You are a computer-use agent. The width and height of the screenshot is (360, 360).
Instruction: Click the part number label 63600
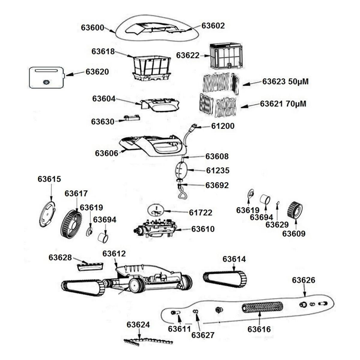92,28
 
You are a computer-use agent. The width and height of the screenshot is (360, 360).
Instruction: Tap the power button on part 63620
46,82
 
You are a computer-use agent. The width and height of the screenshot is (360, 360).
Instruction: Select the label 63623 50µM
285,82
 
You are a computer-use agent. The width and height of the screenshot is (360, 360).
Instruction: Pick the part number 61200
223,126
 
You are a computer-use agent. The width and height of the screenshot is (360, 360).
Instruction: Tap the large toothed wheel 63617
71,224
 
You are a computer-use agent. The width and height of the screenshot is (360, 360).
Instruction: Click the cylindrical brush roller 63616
262,307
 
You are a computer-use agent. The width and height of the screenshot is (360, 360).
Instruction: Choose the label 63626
304,280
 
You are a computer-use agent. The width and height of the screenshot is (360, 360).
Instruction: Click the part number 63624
138,325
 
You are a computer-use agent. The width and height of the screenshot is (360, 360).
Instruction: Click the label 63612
114,253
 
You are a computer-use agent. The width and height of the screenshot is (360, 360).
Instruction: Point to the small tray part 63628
90,266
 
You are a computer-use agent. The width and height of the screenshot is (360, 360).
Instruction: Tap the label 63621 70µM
283,104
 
